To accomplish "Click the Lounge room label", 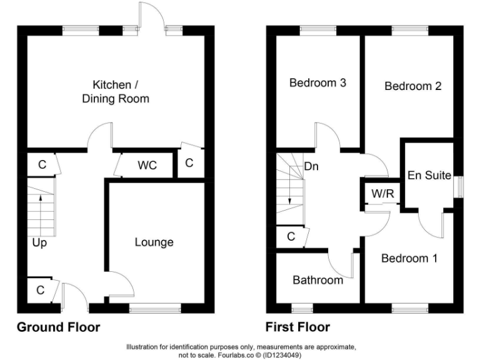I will pyautogui.click(x=154, y=242).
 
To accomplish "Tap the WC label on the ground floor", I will pyautogui.click(x=147, y=166).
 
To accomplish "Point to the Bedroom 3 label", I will pyautogui.click(x=318, y=82).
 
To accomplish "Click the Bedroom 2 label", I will pyautogui.click(x=412, y=86).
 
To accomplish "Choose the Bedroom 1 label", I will pyautogui.click(x=409, y=258).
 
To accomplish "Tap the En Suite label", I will pyautogui.click(x=429, y=176).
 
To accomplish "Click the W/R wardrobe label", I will pyautogui.click(x=382, y=193).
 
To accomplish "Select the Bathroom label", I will pyautogui.click(x=317, y=280).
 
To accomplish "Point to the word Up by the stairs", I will pyautogui.click(x=39, y=242).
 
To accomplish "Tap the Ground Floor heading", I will pyautogui.click(x=58, y=327).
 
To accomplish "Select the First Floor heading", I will pyautogui.click(x=297, y=327).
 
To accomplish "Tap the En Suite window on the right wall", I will pyautogui.click(x=460, y=186).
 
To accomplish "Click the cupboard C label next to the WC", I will pyautogui.click(x=189, y=163).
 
